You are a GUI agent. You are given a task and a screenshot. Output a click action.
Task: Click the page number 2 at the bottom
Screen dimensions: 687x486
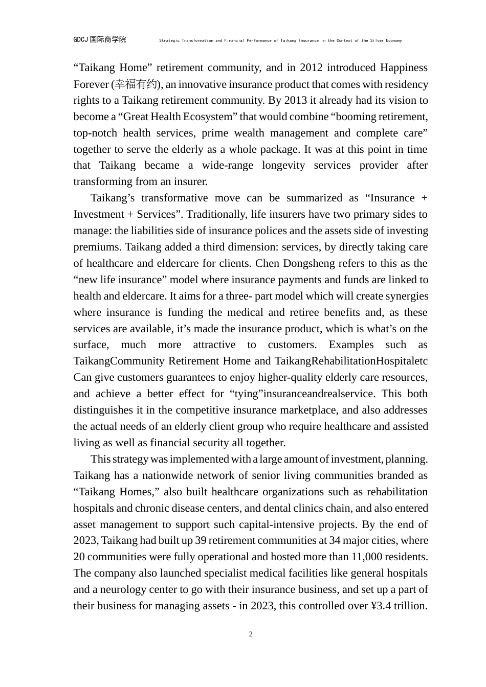pos(251,634)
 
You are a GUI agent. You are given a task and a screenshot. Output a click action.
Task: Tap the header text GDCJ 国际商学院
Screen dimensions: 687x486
pos(99,40)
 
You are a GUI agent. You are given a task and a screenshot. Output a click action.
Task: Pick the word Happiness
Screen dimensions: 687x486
pos(403,68)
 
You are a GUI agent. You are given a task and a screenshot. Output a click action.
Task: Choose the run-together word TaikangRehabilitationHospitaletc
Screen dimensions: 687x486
pos(351,361)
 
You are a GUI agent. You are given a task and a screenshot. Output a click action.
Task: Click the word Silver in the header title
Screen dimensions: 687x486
pos(375,40)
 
